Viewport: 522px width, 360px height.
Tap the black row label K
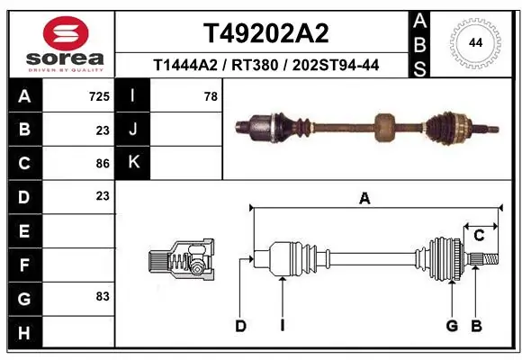134,163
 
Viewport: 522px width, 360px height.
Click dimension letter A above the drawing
364,200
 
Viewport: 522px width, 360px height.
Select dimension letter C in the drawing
479,236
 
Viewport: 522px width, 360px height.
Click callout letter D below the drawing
240,326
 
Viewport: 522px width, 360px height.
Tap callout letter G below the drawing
452,326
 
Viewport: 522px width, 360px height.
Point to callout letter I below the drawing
282,326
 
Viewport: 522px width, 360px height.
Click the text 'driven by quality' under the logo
66,68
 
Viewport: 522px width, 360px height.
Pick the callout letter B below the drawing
477,326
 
